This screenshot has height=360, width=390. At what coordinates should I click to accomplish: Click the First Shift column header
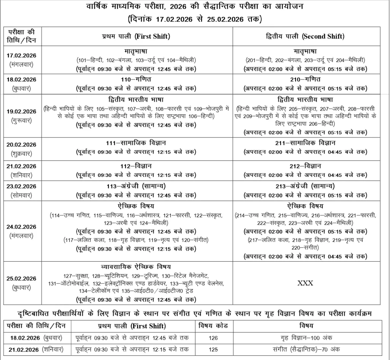point(136,37)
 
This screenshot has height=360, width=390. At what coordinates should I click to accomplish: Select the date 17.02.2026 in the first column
point(21,56)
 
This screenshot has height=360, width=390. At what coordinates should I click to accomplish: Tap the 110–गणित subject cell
point(136,79)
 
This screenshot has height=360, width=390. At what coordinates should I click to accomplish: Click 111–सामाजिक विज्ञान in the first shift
point(136,143)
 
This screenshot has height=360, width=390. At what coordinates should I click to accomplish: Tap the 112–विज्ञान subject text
point(136,166)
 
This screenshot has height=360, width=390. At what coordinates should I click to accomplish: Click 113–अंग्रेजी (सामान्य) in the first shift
point(136,186)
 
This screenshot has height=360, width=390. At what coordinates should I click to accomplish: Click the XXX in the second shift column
point(305,283)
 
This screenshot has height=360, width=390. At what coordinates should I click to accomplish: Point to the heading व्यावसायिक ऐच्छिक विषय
point(136,266)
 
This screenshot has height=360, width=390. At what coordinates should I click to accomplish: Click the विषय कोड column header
point(213,326)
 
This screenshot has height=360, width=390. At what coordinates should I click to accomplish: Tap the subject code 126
point(213,338)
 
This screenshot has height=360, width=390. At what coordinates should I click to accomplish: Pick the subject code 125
point(213,349)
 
